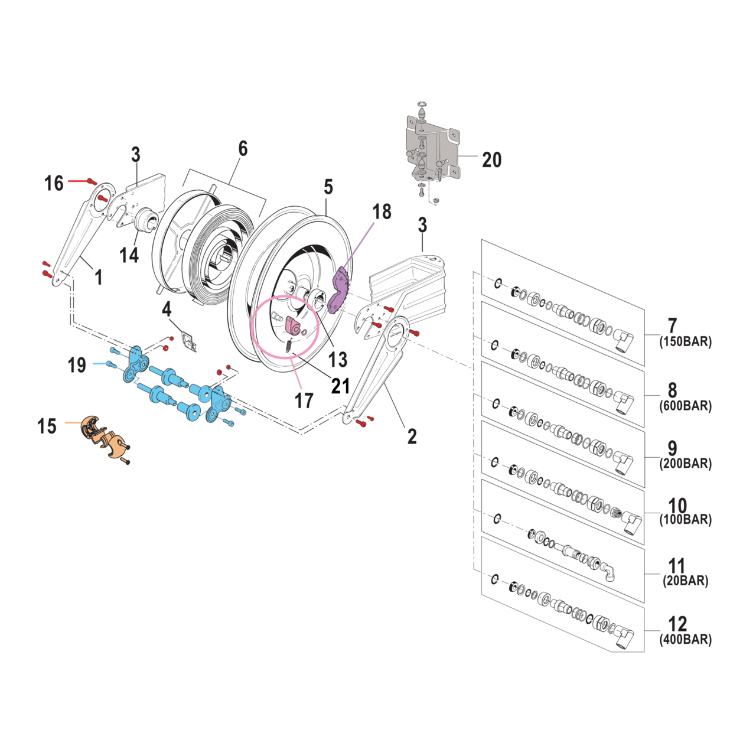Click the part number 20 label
coord(491,160)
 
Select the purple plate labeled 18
coord(339,289)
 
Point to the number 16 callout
coord(54,183)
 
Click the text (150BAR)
coord(685,341)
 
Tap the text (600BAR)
coord(685,406)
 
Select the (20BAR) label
coord(685,581)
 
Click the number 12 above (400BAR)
coord(677,624)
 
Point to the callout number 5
coord(328,187)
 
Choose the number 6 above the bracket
coord(243,149)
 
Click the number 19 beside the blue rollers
coord(77,365)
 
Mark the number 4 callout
coord(167,309)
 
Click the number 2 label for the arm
coord(412,436)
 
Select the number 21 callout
coord(340,386)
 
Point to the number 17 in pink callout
coord(304,401)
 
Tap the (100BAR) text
coord(685,520)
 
